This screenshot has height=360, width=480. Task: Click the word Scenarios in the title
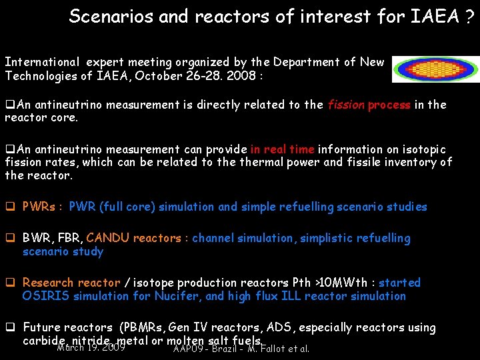[111, 16]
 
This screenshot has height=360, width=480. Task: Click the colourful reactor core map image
[435, 69]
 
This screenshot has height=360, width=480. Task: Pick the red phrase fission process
[369, 105]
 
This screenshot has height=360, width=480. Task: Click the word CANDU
[108, 238]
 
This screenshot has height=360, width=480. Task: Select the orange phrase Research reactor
[71, 283]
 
